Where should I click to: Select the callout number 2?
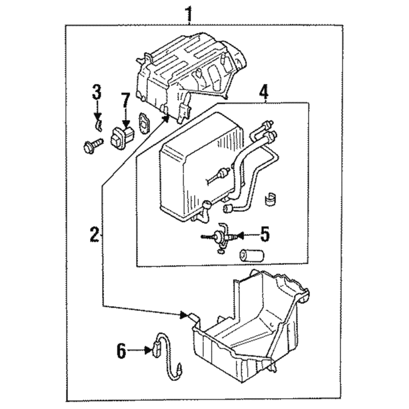95,234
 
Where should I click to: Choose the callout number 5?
264,234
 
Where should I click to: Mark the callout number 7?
125,101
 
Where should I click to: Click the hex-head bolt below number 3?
93,146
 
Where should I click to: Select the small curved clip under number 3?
98,125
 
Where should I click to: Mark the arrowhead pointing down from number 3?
97,117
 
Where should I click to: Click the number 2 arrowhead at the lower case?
184,315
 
